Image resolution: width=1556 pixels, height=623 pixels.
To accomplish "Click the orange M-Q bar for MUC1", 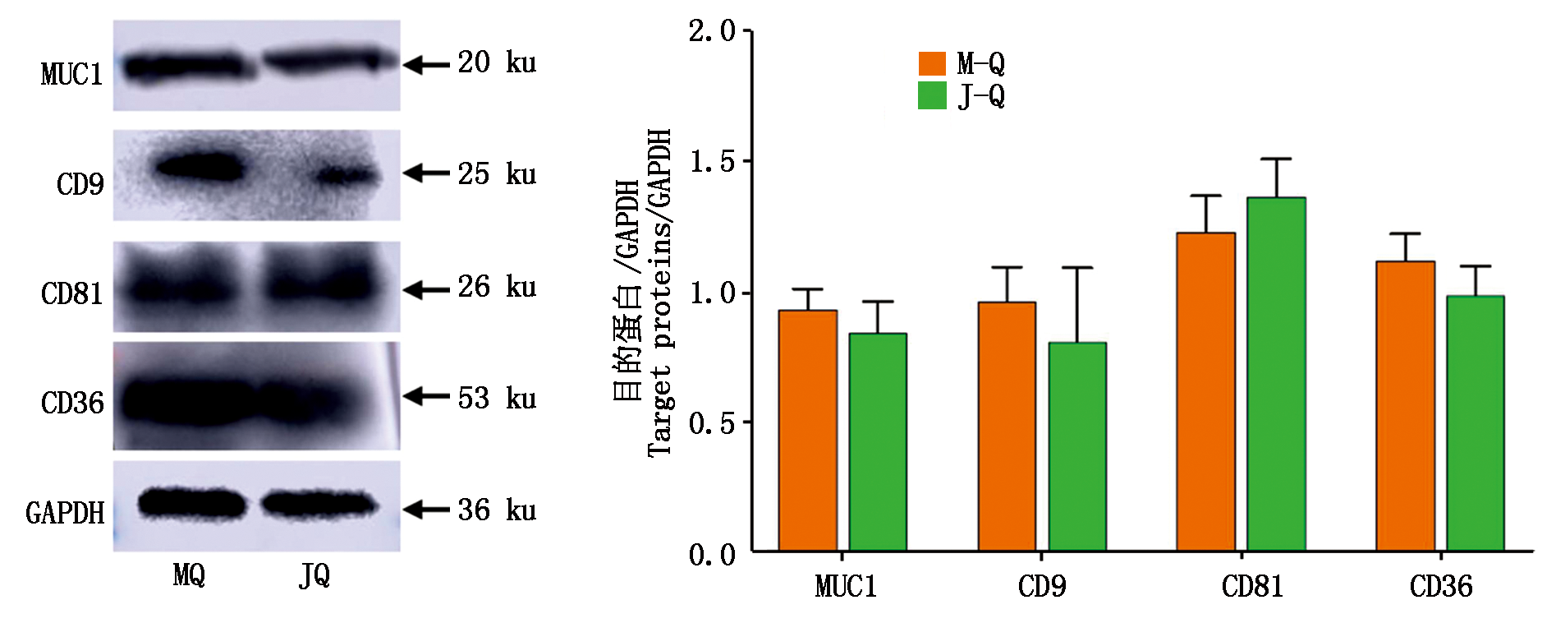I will [807, 431].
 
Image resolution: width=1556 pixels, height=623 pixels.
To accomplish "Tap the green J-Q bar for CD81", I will [1276, 374].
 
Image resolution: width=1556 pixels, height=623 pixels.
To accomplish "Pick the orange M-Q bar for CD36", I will [1405, 406].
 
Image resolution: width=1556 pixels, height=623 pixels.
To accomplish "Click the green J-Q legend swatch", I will [932, 95].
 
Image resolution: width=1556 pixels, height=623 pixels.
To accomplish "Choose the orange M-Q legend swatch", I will [932, 63].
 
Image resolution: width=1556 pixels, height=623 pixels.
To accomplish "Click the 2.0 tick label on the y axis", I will [712, 31].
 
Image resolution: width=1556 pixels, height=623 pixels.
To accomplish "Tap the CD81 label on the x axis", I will [1251, 587].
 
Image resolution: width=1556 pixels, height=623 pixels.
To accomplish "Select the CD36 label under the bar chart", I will [1440, 587].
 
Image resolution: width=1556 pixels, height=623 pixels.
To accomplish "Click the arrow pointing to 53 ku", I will [426, 396].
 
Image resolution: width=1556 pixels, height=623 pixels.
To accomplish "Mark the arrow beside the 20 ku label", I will [426, 63].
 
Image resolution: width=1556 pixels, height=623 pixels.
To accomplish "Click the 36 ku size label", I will [497, 510].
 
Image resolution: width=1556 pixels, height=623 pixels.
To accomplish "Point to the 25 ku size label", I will [497, 174].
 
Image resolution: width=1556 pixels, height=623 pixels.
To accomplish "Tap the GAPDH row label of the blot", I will [65, 513].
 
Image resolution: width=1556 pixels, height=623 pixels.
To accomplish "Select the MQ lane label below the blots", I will [189, 575].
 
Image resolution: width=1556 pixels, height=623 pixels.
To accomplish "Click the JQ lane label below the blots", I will [314, 575].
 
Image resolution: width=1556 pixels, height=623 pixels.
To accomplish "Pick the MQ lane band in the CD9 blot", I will [200, 168].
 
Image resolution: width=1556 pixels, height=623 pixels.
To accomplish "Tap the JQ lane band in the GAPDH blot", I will [319, 504].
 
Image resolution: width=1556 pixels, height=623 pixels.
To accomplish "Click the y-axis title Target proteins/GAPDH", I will [659, 292].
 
